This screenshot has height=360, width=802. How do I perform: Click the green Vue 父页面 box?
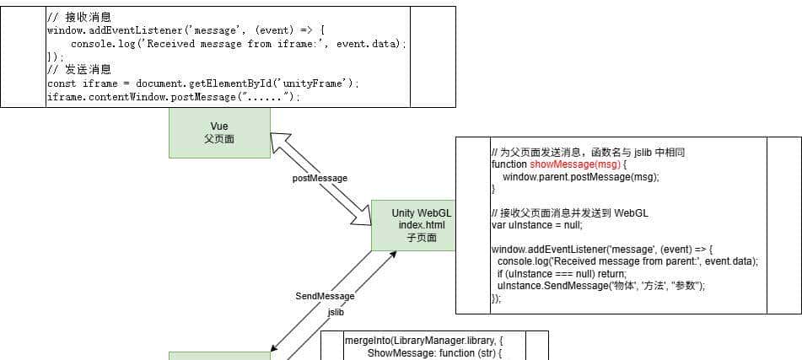[219, 133]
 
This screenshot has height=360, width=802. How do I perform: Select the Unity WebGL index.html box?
[413, 225]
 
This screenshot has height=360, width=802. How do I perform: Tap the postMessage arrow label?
[320, 179]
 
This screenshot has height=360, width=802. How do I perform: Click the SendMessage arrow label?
[325, 296]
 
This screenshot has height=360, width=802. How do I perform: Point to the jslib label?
[336, 312]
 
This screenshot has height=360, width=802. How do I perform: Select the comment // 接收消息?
[79, 17]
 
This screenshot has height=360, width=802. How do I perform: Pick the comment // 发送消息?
[79, 70]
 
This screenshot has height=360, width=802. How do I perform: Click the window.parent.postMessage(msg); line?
[580, 177]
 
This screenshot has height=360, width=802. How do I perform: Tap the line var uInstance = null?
[536, 225]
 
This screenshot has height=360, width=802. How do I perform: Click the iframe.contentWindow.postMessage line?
[174, 97]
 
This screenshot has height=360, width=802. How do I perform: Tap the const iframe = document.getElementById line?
[203, 83]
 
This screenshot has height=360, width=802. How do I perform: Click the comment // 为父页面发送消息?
[588, 153]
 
